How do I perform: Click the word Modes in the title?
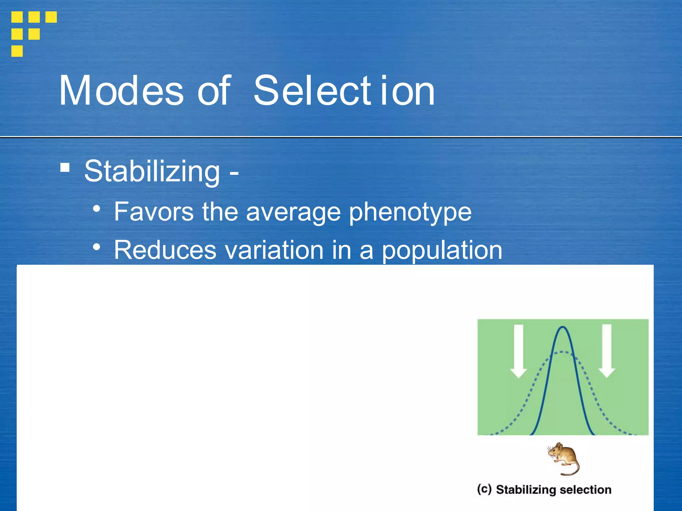point(121,90)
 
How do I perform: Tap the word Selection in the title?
point(344,90)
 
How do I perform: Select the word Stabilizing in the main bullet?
point(152,171)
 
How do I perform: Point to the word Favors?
point(154,212)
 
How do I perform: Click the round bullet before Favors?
point(97,209)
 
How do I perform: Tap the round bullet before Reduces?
point(97,247)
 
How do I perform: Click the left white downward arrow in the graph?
point(518,351)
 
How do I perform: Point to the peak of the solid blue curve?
point(563,328)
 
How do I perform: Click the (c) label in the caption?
point(484,489)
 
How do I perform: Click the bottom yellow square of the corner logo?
point(17,51)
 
